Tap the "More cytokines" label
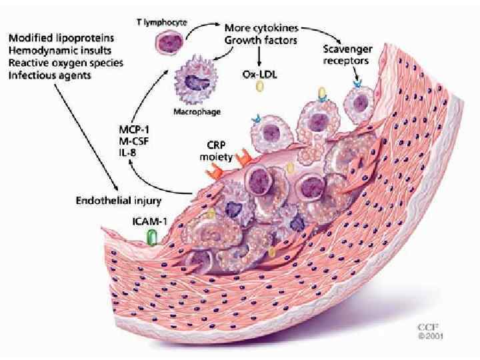pyautogui.click(x=261, y=29)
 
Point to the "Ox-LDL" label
pyautogui.click(x=258, y=75)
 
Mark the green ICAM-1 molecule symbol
pyautogui.click(x=152, y=237)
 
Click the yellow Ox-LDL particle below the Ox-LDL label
pyautogui.click(x=323, y=92)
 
